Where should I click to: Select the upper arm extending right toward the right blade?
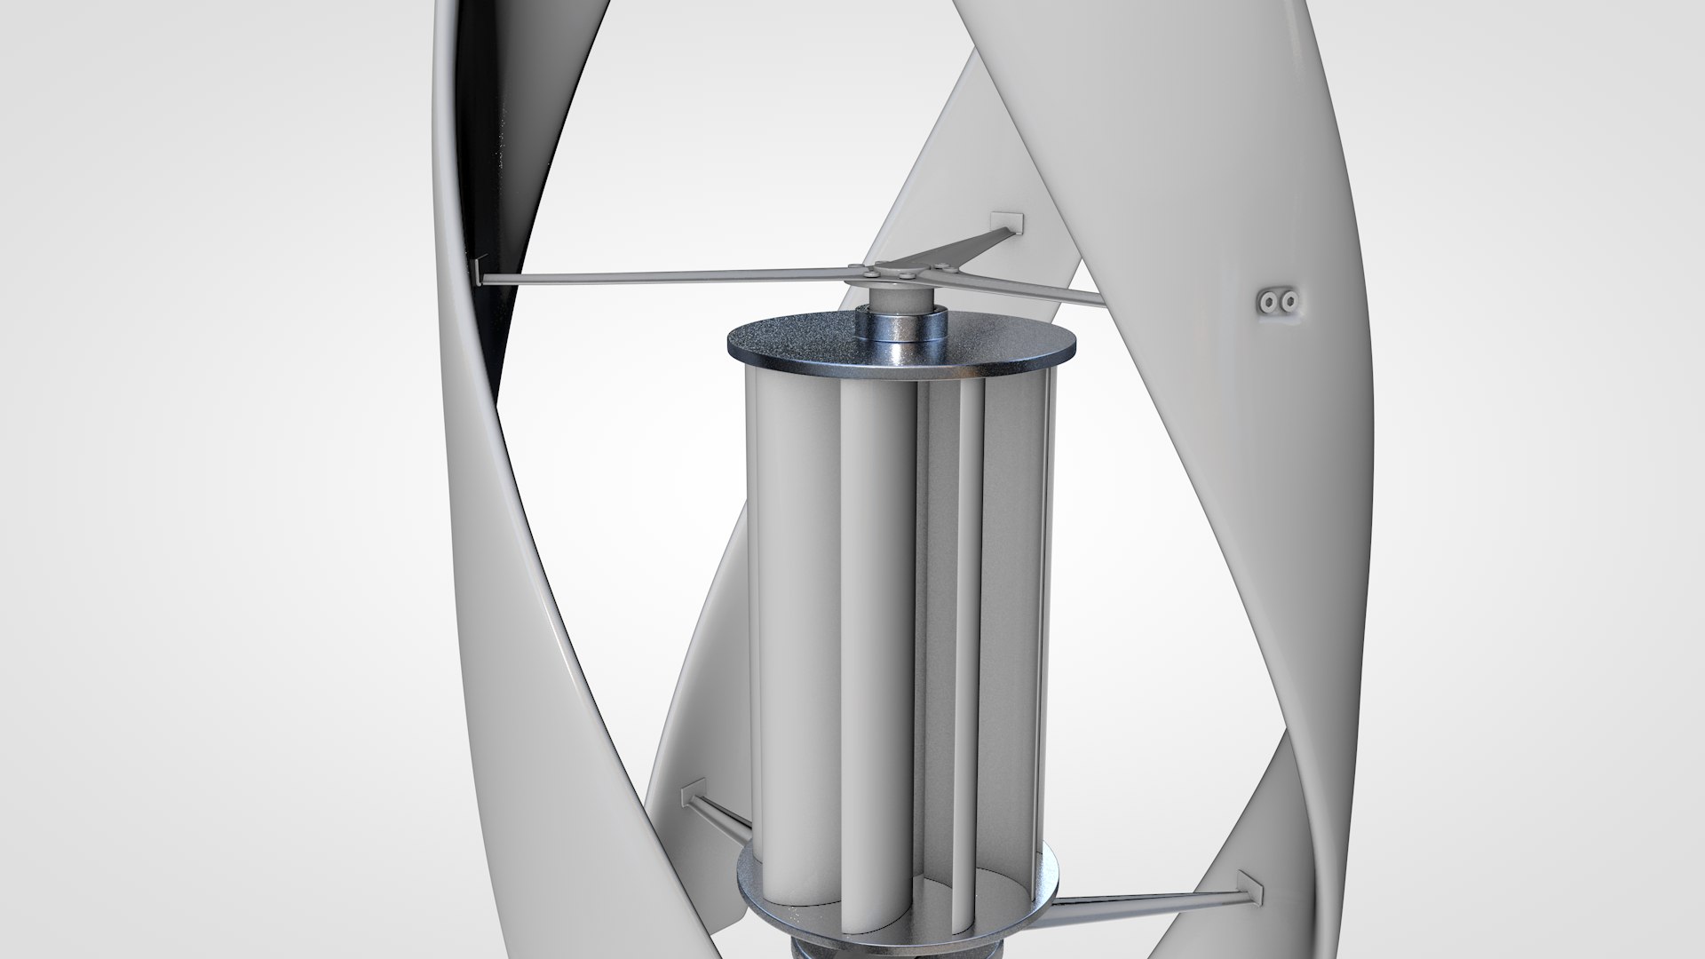click(x=1039, y=288)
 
